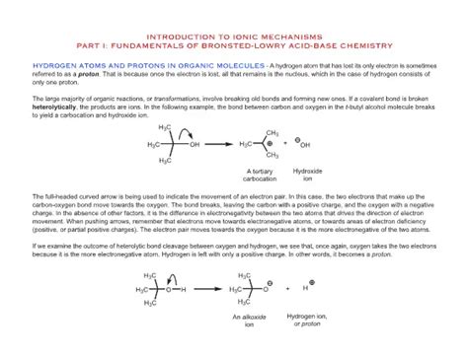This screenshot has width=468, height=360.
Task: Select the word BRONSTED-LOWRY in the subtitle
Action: point(259,45)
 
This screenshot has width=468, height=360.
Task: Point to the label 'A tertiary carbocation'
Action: point(255,175)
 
